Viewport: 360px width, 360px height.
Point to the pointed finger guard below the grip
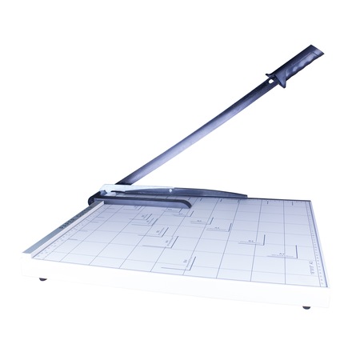click(x=276, y=79)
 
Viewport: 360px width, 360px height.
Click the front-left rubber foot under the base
click(x=42, y=280)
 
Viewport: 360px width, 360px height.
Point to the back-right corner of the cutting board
click(x=308, y=201)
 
